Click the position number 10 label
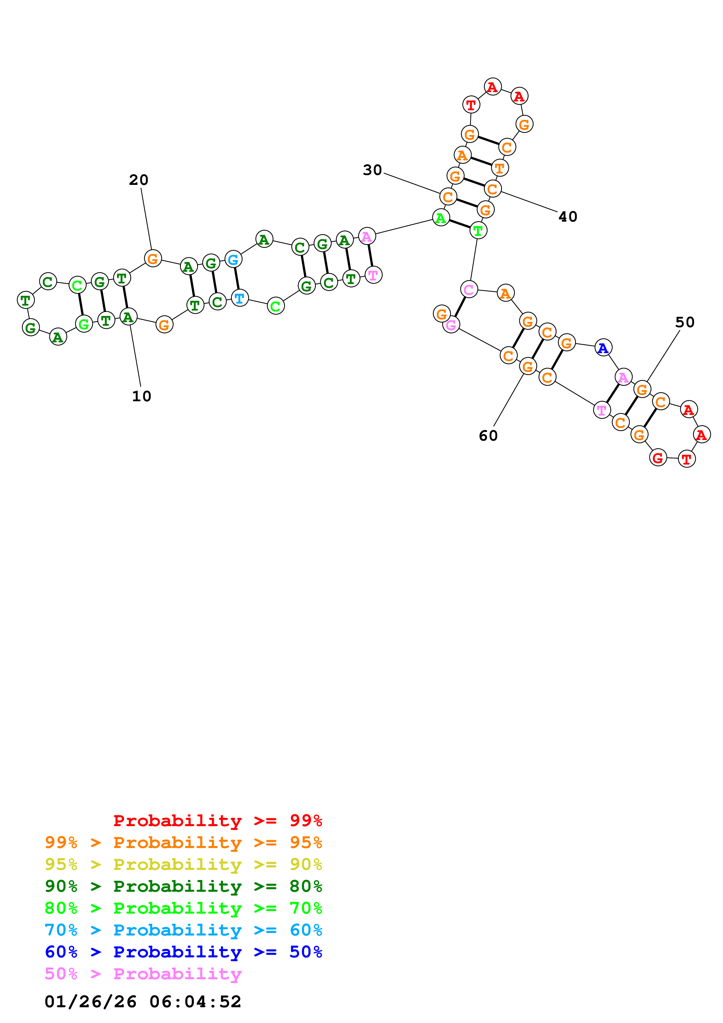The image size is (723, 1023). [x=142, y=396]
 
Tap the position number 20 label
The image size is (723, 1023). [x=139, y=180]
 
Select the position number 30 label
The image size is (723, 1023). [x=372, y=170]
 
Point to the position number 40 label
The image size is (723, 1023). [x=568, y=217]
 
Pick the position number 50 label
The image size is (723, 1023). [x=685, y=322]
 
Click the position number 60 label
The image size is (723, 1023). [x=488, y=436]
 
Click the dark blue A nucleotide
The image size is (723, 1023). [x=603, y=348]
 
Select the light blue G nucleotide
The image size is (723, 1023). [x=233, y=259]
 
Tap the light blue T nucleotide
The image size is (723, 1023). [x=240, y=298]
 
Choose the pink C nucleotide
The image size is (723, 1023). [x=469, y=290]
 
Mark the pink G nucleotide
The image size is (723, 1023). [x=451, y=325]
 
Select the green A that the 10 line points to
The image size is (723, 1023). [x=128, y=317]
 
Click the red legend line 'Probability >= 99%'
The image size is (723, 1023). [x=217, y=820]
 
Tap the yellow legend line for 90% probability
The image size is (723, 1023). [x=183, y=864]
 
